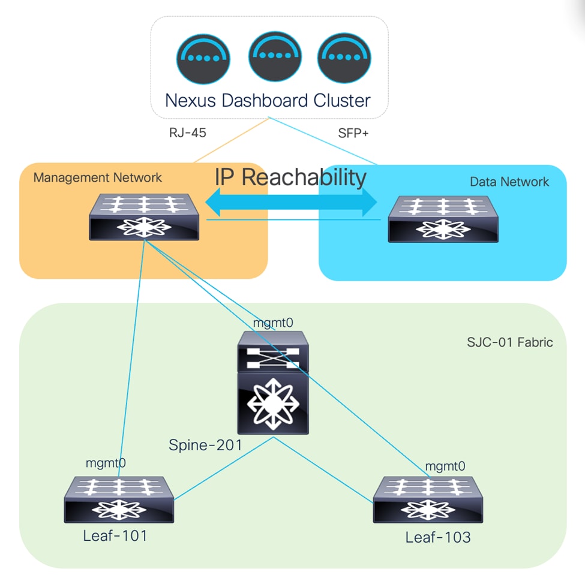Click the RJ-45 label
click(187, 133)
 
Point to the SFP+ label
click(353, 133)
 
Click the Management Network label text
click(97, 177)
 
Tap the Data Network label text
click(509, 182)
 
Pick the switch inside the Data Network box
click(443, 219)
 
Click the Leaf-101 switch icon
click(119, 499)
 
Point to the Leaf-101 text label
click(115, 535)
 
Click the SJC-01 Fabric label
click(509, 343)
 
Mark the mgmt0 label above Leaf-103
click(445, 466)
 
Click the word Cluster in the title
click(341, 100)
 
